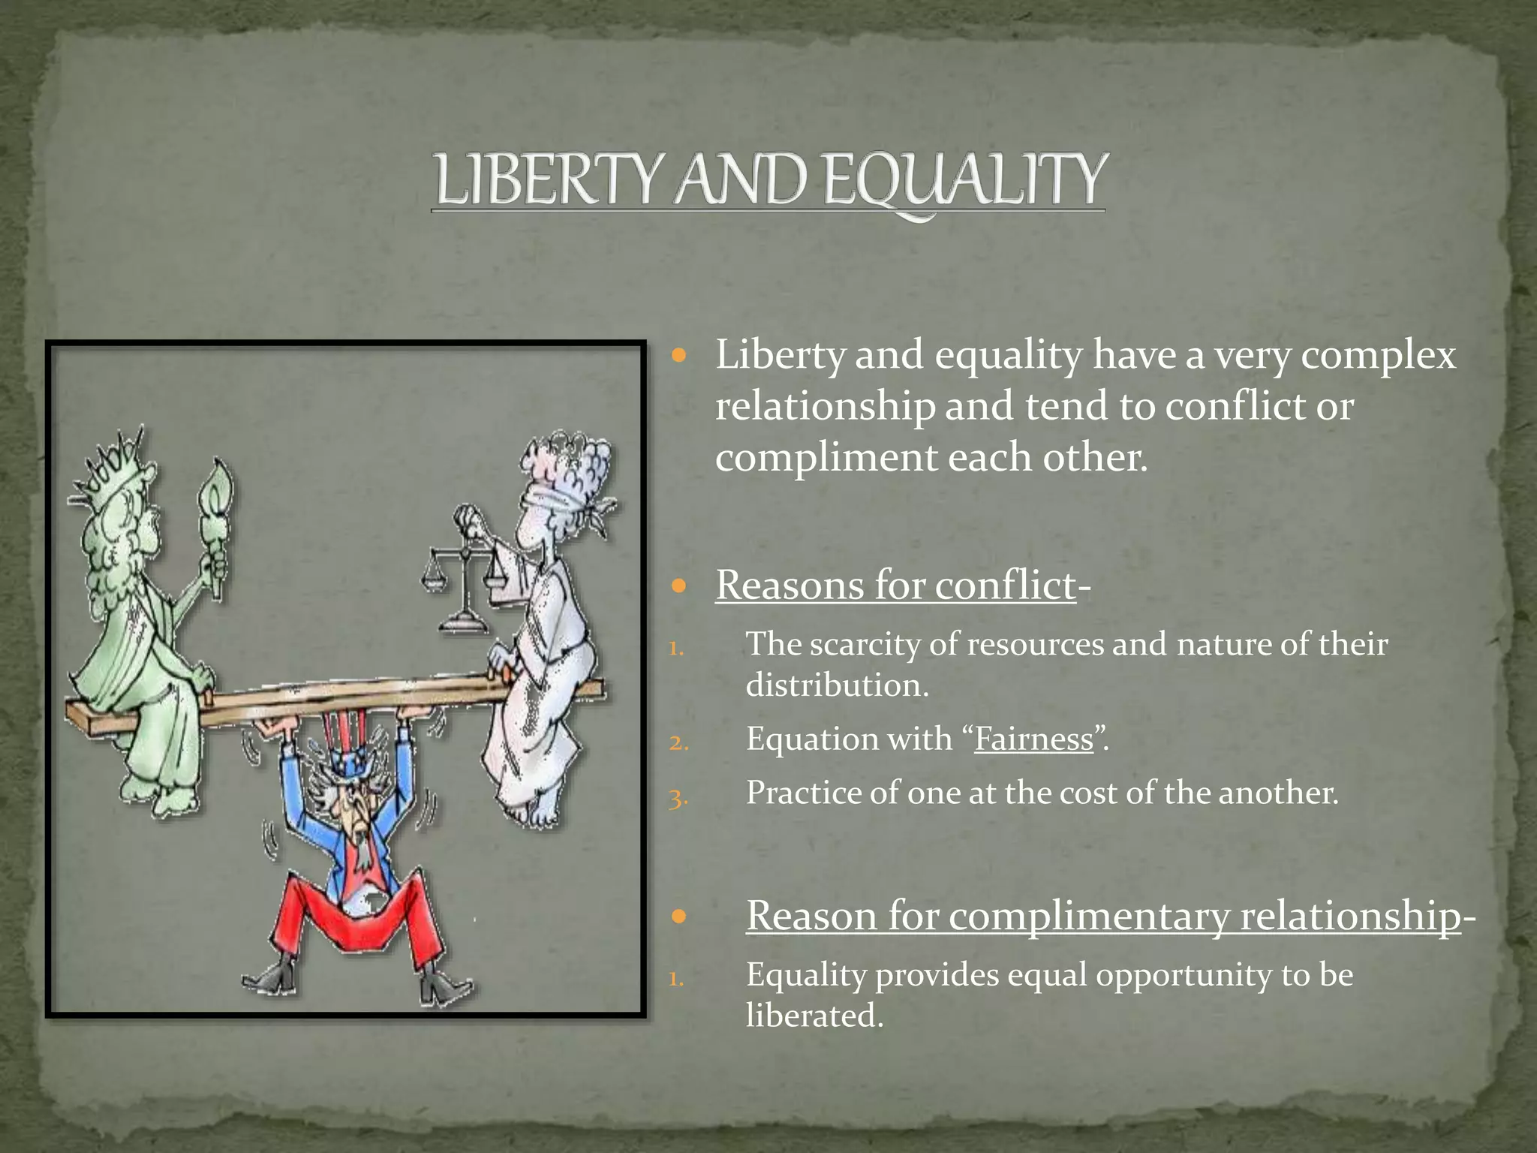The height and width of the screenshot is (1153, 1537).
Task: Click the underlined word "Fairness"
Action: (x=1033, y=739)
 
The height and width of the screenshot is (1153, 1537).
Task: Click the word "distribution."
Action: (x=837, y=685)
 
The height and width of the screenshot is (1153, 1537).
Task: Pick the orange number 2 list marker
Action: (x=678, y=744)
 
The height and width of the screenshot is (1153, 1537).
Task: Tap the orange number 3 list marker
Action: (x=678, y=799)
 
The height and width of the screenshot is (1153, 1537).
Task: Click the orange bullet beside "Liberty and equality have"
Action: (x=679, y=356)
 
